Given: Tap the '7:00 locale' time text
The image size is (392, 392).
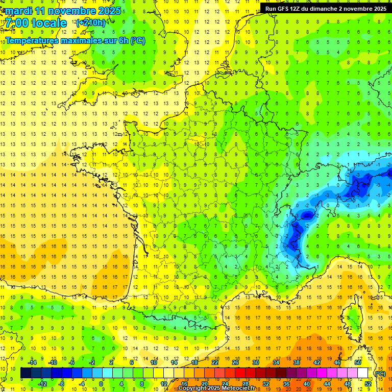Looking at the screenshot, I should coord(36,23).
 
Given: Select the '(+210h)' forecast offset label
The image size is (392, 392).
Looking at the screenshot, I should coord(91,22).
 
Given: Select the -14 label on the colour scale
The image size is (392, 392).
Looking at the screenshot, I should coord(32,362).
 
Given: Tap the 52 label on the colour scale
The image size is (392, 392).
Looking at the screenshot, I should coord(368,384).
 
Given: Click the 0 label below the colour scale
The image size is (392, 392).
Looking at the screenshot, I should coord(101,384).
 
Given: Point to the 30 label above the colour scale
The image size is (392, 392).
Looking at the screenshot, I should coord(255,362).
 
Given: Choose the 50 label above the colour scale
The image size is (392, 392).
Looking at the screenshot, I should coord(358,362).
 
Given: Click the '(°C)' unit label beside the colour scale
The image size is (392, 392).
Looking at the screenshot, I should coord(380,373).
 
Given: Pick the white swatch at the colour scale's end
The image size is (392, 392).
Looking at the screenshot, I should coord(363,373).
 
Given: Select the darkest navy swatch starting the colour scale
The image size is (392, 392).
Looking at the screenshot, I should coord(26,373).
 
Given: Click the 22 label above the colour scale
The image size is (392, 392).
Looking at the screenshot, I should coord(215,362).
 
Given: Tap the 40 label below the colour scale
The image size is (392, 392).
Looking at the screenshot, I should coord(306,384).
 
